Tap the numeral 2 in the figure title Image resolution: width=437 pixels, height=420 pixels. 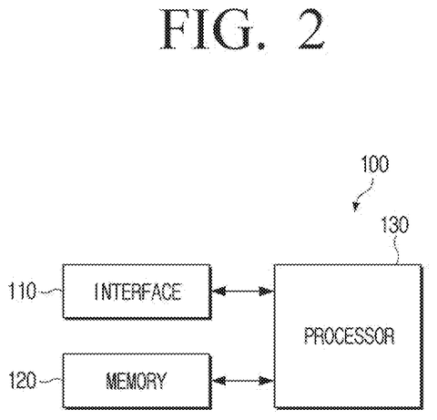click(x=311, y=29)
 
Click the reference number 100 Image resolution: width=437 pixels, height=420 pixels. click(x=375, y=164)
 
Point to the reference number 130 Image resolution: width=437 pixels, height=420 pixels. click(x=394, y=225)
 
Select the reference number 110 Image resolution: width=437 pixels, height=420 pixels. click(x=22, y=291)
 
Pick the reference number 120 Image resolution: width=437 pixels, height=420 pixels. click(x=23, y=380)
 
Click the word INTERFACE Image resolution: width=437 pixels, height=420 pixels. click(x=138, y=292)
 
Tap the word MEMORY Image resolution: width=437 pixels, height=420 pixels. click(x=137, y=381)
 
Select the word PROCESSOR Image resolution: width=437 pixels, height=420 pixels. click(x=350, y=336)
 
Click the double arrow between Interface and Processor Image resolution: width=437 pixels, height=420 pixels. click(x=243, y=292)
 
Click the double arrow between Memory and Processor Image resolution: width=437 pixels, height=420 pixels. click(x=243, y=380)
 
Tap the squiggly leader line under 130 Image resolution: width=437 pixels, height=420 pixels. click(x=396, y=250)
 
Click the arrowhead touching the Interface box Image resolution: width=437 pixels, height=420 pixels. click(x=218, y=292)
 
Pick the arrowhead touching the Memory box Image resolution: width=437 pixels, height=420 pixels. click(x=218, y=380)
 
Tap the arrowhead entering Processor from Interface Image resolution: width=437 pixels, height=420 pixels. click(x=267, y=292)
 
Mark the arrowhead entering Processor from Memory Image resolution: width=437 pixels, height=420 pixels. click(x=267, y=380)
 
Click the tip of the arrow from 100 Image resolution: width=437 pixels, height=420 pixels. click(x=355, y=211)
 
